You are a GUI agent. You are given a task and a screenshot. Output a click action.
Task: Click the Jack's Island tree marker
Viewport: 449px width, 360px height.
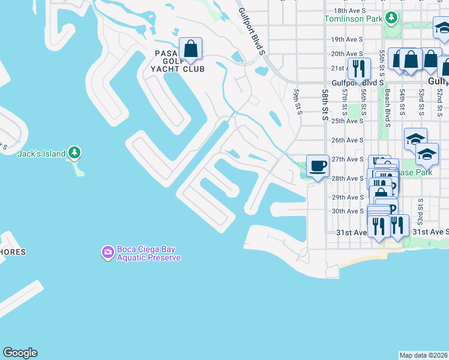point(74,153)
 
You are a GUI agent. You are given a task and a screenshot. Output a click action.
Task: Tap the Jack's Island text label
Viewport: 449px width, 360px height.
point(41,154)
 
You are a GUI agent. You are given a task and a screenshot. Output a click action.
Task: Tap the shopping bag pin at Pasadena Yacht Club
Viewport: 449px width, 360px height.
point(190,49)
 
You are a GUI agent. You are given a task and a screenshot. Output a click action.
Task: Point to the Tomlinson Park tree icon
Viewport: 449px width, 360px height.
point(392,19)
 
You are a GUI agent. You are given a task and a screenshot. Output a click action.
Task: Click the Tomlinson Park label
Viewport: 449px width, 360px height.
point(354,19)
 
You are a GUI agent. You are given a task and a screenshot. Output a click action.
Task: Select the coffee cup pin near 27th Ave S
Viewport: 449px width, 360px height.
point(318,165)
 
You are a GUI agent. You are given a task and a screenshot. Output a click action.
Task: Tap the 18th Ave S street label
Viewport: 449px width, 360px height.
point(349,10)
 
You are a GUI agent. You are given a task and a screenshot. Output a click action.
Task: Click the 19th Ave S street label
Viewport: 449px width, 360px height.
point(348,39)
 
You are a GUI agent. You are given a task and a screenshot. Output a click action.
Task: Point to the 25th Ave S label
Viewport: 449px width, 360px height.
point(348,121)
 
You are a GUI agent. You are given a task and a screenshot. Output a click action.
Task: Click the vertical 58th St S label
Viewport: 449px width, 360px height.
point(324,105)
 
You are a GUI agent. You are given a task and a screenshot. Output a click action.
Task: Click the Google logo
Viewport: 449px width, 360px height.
point(20,353)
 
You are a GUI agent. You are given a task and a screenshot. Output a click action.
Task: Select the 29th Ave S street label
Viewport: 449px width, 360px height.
point(348,197)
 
